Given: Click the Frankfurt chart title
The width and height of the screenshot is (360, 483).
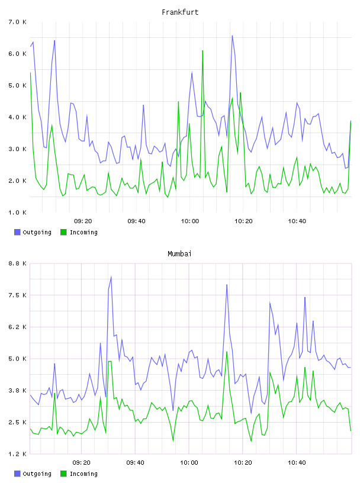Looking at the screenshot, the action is [x=180, y=12].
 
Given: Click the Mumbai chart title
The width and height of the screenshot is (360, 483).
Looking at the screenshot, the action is [x=179, y=254].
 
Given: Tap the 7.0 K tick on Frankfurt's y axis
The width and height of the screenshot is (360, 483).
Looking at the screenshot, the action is [x=17, y=22].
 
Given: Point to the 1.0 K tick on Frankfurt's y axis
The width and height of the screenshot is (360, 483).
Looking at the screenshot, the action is [x=17, y=212].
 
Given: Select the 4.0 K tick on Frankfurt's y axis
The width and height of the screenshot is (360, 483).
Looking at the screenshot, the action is [x=17, y=117].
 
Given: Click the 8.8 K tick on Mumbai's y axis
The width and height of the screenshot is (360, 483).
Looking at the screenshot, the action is [x=17, y=263].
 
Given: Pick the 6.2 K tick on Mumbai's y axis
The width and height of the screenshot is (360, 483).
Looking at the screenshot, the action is [x=17, y=327].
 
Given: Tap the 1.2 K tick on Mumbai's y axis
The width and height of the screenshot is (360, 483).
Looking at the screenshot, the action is [x=17, y=454].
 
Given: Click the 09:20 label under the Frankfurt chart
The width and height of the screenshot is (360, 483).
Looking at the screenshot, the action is [x=83, y=221].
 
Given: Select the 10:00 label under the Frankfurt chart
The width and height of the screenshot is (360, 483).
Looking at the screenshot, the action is [x=190, y=221].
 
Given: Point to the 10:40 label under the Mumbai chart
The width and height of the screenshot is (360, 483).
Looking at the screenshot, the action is [x=297, y=463].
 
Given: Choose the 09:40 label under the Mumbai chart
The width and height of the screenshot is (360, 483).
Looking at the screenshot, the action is [x=136, y=463].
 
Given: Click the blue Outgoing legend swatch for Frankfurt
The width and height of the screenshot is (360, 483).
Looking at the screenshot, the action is [x=17, y=232].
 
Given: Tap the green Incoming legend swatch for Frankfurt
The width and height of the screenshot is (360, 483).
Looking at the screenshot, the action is [x=63, y=232].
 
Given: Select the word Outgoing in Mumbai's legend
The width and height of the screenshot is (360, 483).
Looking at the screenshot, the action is [x=37, y=474].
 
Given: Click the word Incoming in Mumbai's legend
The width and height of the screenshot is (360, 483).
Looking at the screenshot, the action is [x=83, y=474].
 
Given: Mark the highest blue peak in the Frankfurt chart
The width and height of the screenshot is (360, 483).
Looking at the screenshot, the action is [x=232, y=36].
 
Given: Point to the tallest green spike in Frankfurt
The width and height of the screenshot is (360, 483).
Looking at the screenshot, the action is [x=202, y=50].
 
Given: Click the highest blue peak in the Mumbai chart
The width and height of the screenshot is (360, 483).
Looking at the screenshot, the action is [x=111, y=276].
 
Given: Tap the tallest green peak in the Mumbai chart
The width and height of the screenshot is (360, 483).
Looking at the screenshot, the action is [x=227, y=352].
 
